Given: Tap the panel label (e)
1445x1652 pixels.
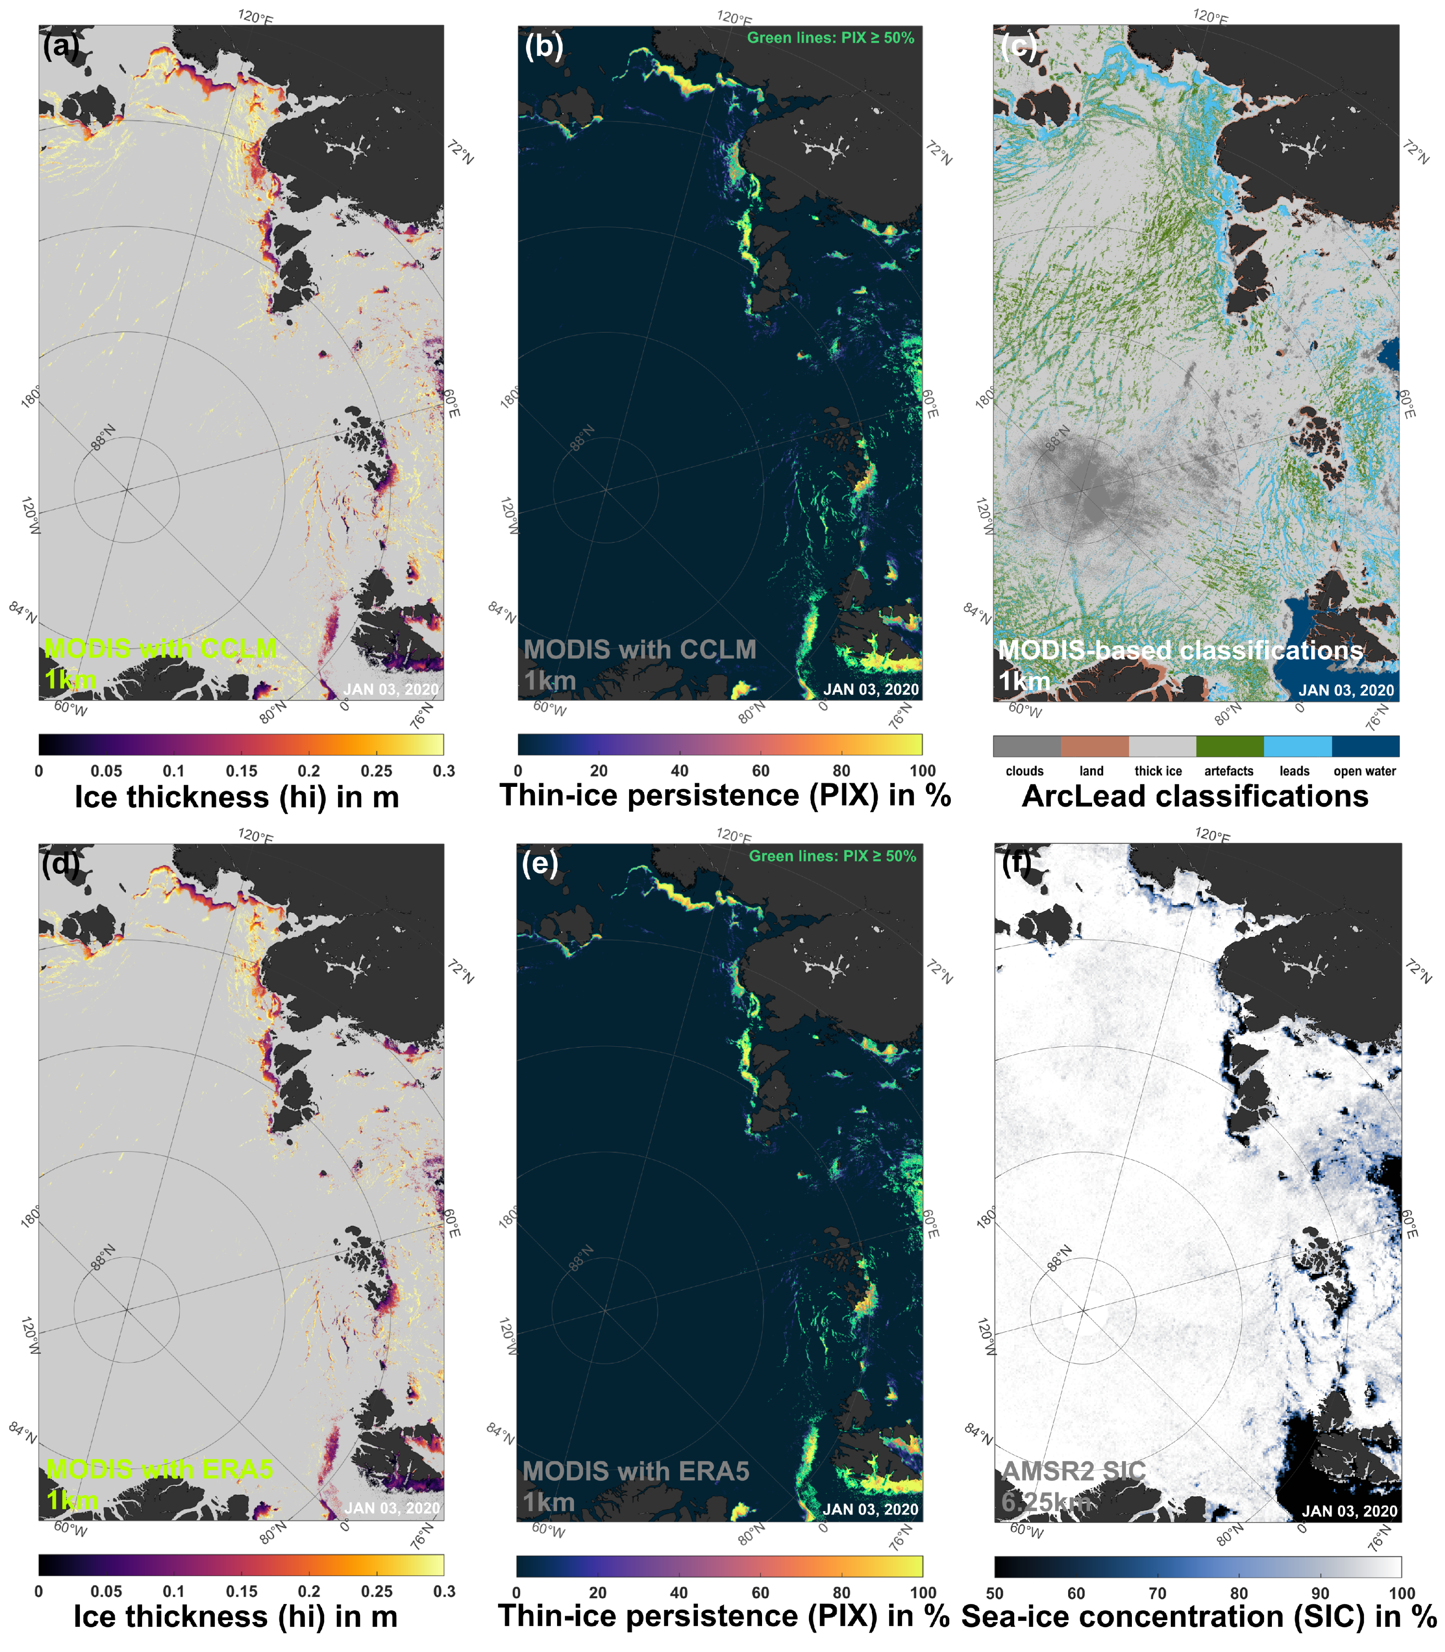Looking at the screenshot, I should [540, 864].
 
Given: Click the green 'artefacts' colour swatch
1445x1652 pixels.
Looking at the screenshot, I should [1229, 746].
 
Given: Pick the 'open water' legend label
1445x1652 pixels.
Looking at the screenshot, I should [1364, 771].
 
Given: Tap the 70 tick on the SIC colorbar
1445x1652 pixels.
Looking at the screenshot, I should [1157, 1593].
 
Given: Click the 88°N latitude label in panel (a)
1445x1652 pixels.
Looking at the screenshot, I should [102, 437].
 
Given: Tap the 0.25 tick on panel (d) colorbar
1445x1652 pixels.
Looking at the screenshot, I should [376, 1592].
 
